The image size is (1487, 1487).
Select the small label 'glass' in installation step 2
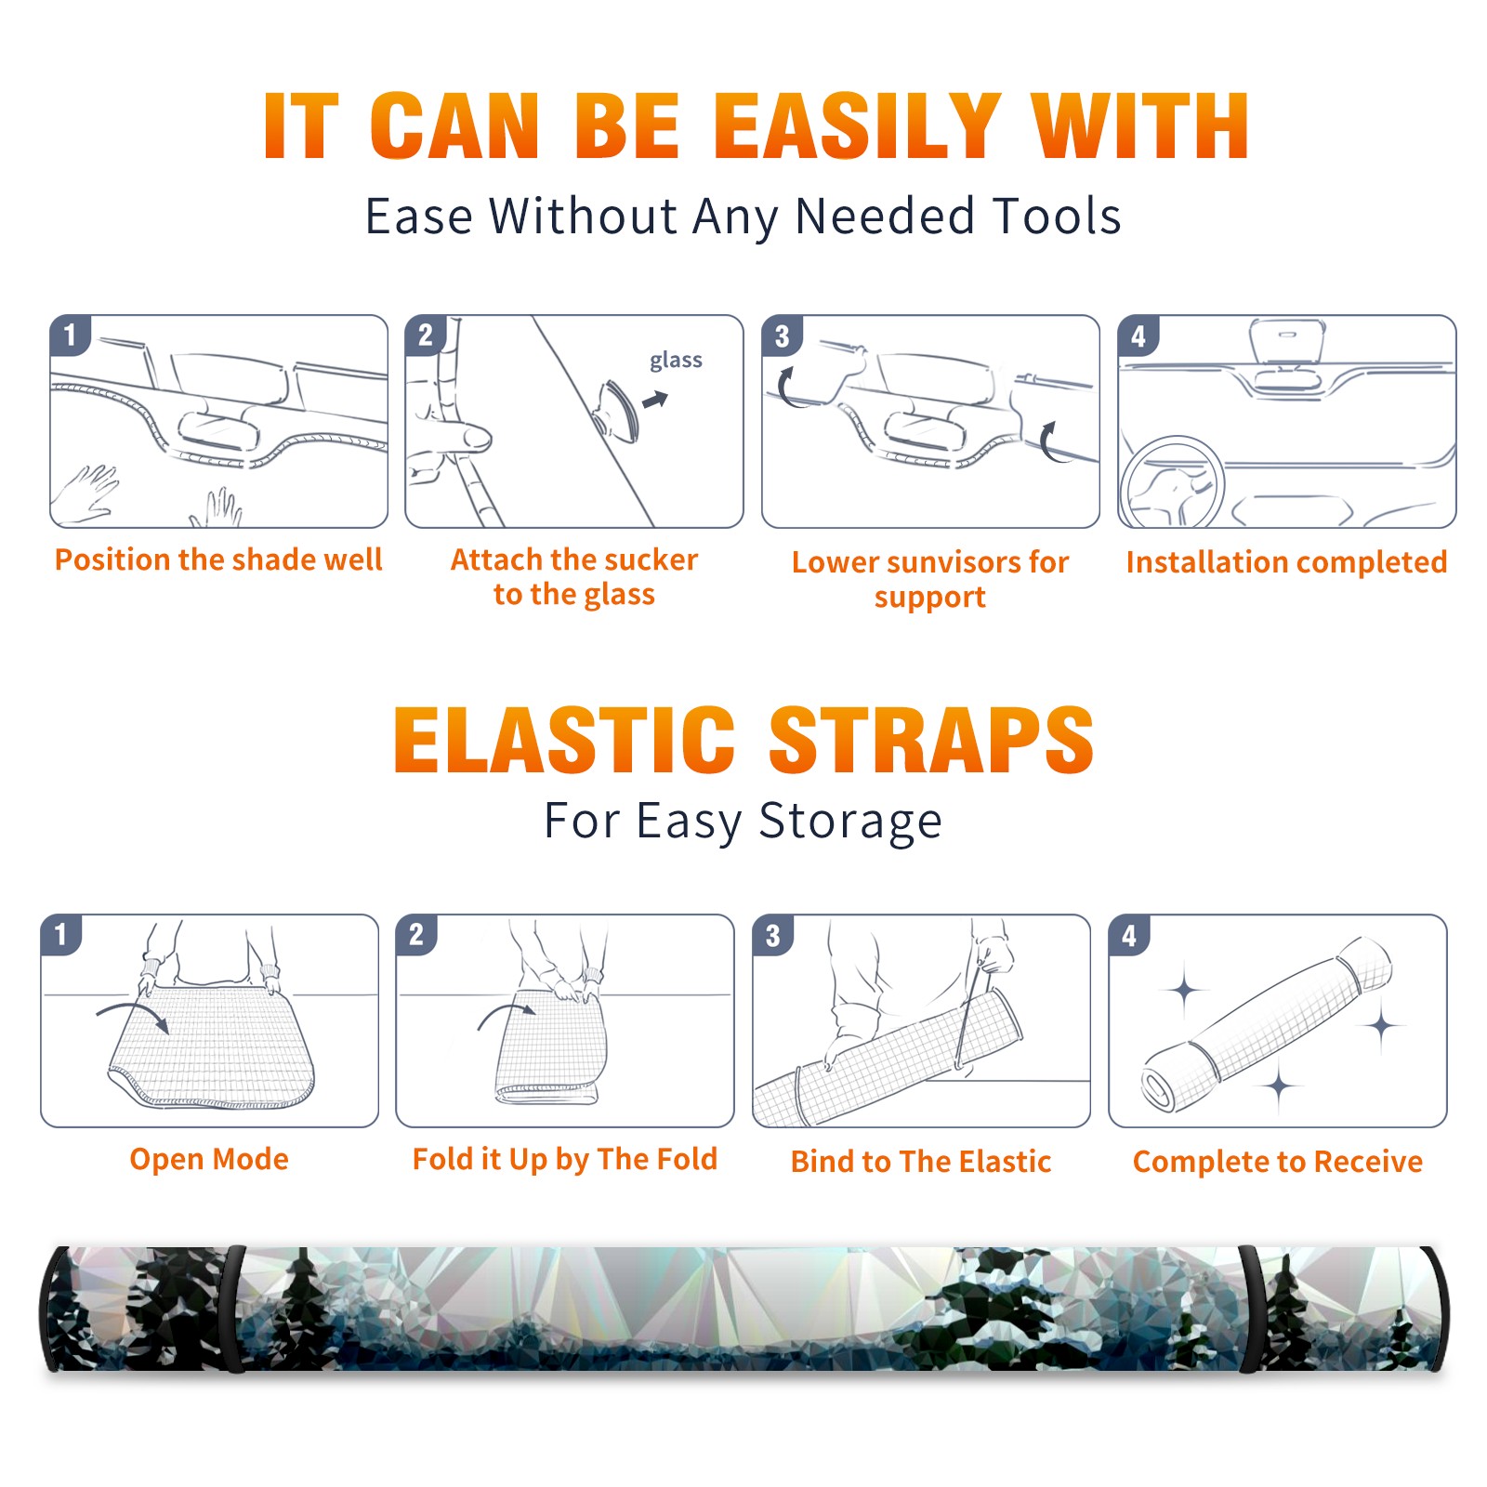tap(676, 361)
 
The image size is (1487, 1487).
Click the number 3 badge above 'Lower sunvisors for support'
tap(783, 336)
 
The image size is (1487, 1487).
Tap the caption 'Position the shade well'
tap(218, 559)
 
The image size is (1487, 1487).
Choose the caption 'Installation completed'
tap(1286, 562)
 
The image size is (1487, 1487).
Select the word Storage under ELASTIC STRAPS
tap(850, 822)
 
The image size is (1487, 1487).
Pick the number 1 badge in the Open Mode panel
tap(61, 934)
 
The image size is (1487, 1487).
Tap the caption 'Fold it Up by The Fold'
tap(565, 1159)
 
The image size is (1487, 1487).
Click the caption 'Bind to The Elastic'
tap(921, 1162)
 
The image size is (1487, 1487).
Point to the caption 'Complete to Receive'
tap(1278, 1162)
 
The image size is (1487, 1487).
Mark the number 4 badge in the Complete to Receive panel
tap(1129, 934)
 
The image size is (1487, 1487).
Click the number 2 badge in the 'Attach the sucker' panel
tap(426, 336)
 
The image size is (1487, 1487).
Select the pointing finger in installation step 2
tap(454, 437)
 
